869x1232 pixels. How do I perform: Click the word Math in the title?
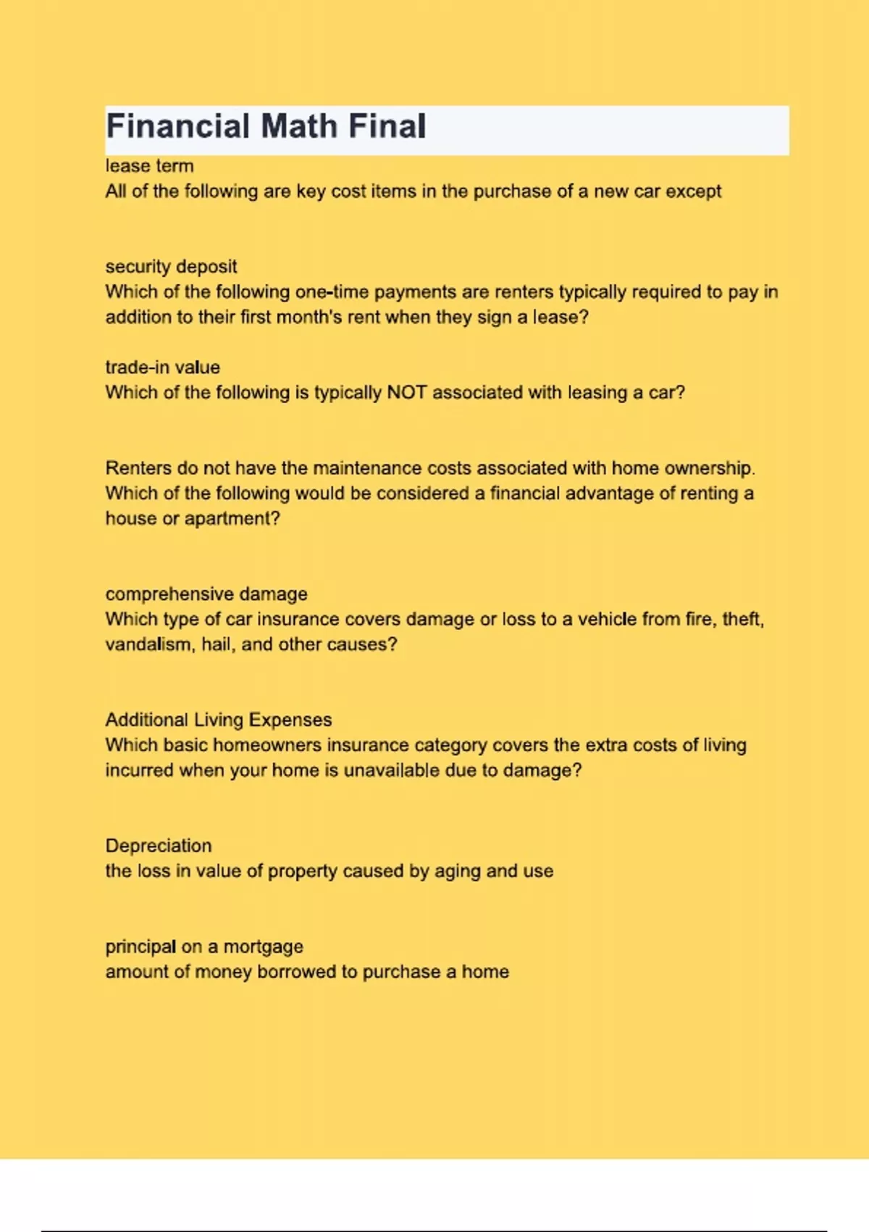point(299,126)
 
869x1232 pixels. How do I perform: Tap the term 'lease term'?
point(149,166)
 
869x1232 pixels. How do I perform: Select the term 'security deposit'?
point(171,267)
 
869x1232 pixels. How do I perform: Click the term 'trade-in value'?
point(162,367)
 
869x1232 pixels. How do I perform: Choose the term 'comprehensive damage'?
point(206,594)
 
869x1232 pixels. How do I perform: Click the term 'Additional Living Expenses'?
point(219,720)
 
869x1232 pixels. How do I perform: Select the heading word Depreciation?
point(159,846)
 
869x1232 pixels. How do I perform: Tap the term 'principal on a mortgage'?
point(204,946)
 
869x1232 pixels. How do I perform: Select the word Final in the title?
point(387,126)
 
